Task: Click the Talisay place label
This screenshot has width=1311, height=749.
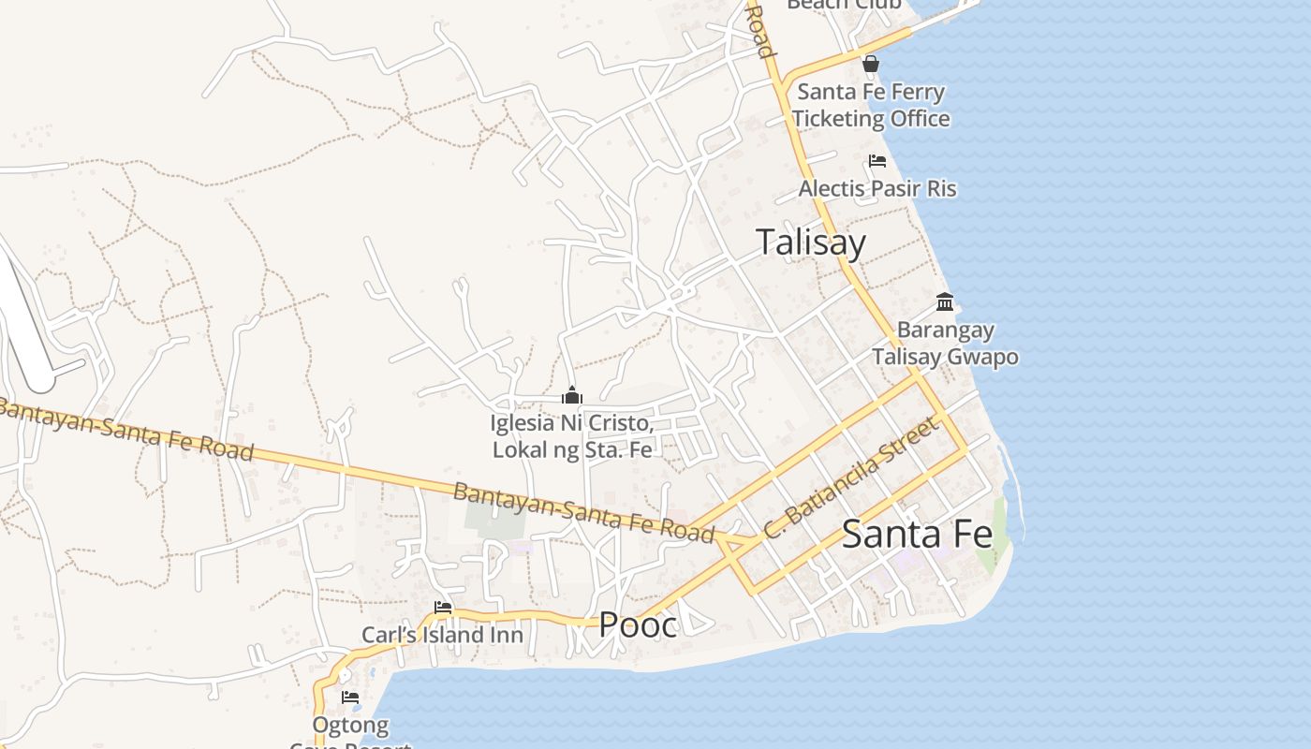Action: click(x=811, y=242)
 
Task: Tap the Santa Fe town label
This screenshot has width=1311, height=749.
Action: click(x=916, y=535)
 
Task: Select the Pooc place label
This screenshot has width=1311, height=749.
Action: click(x=638, y=624)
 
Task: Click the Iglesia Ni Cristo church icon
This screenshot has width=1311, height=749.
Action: click(x=571, y=396)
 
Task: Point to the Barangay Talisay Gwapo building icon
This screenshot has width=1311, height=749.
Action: click(x=945, y=302)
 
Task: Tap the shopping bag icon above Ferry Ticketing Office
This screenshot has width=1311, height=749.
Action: click(x=871, y=64)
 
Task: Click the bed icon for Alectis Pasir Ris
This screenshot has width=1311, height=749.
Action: click(x=877, y=161)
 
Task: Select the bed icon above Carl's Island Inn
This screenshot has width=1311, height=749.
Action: click(x=443, y=608)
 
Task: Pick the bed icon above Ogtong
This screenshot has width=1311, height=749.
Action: click(x=350, y=698)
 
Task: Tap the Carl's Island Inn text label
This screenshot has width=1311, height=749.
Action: click(x=442, y=635)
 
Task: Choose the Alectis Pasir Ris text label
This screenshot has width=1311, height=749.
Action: click(x=877, y=189)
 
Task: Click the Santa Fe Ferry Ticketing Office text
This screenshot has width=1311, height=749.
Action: click(x=871, y=105)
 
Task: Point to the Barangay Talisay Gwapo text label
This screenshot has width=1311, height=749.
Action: click(x=945, y=343)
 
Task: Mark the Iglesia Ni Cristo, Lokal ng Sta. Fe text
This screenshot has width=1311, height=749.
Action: click(x=571, y=435)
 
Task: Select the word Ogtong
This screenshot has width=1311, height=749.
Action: click(x=350, y=726)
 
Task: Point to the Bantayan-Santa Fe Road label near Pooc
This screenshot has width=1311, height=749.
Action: click(x=584, y=511)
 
